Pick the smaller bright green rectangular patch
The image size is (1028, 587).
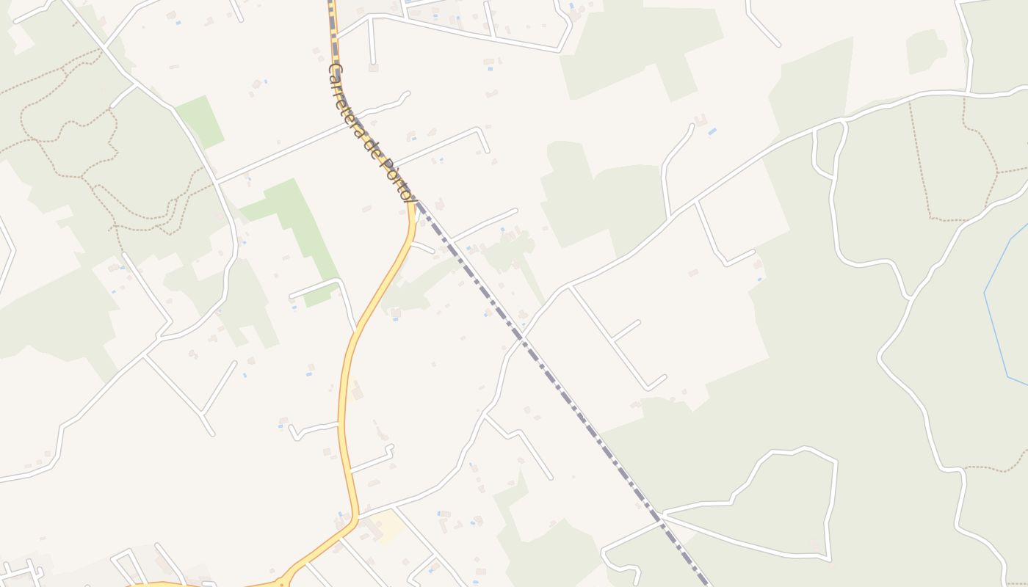click(200, 121)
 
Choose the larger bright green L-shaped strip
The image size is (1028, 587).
click(294, 220)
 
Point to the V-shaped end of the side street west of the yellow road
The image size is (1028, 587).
click(294, 433)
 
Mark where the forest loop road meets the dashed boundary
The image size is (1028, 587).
click(661, 518)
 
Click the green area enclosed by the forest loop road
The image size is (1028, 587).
click(778, 506)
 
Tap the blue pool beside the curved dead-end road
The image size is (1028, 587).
click(712, 131)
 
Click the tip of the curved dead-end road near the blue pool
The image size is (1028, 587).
click(692, 126)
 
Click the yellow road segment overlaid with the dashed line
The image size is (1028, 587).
click(335, 44)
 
